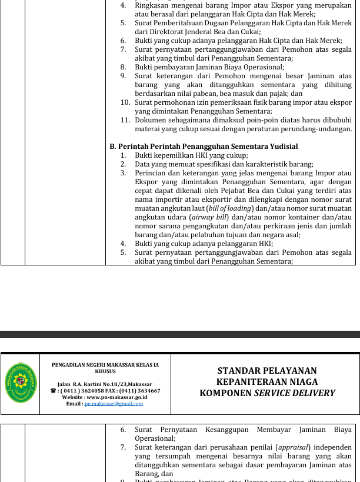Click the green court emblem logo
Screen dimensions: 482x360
(x=21, y=383)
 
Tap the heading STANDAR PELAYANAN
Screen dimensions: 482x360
(x=267, y=371)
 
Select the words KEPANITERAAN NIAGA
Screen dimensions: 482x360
(x=267, y=382)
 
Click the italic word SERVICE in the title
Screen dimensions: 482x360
(x=276, y=393)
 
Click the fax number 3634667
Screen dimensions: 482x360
(x=147, y=391)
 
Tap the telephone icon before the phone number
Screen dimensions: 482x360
(x=54, y=391)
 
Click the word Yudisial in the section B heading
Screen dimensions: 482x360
(x=280, y=146)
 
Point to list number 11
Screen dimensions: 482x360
(x=125, y=120)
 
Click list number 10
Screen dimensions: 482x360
(x=125, y=102)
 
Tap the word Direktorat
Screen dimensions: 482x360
(x=169, y=32)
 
